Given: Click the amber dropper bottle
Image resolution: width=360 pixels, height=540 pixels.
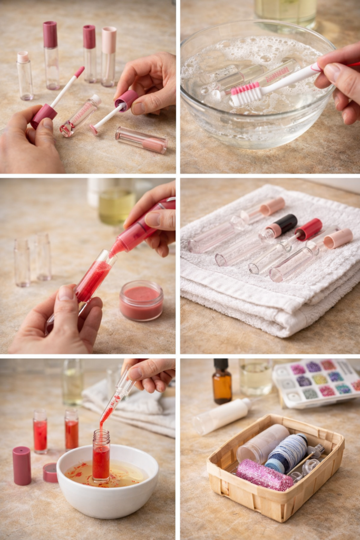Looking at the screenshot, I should tap(222, 382).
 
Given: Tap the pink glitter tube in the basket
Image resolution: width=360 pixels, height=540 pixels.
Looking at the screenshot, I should tap(264, 475).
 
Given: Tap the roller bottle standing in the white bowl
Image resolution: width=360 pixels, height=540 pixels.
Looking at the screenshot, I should tap(101, 456).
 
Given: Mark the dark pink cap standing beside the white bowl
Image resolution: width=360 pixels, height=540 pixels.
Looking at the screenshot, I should tap(22, 465).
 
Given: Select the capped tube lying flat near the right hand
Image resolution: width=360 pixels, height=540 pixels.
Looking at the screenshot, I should tap(141, 140).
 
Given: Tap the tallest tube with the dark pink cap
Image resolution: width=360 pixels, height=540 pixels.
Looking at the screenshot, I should tap(51, 55).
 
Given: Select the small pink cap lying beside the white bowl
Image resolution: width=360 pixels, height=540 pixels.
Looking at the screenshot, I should tap(51, 472).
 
